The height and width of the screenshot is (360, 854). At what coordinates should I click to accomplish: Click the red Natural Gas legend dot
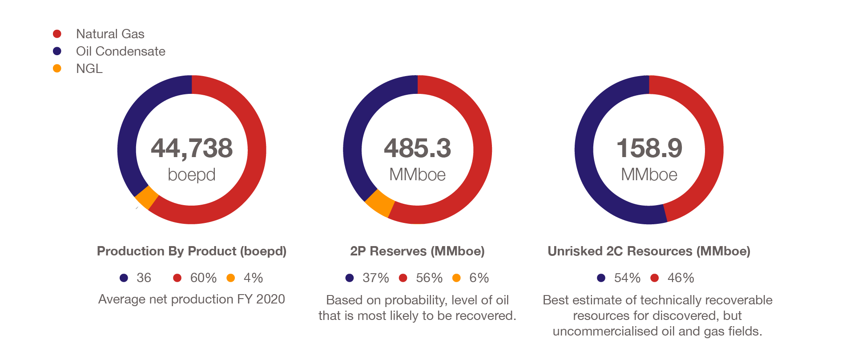pos(57,34)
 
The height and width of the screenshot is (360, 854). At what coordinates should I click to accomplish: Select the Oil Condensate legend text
pos(121,51)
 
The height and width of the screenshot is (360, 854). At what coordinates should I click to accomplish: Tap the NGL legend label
pos(89,69)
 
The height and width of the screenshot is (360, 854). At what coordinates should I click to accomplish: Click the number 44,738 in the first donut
pos(192,148)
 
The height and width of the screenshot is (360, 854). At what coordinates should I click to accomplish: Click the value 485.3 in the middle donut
pos(417,148)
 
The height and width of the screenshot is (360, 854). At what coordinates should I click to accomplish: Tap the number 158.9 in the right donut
pos(649,148)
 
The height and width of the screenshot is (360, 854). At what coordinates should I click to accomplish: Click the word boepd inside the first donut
pos(192,174)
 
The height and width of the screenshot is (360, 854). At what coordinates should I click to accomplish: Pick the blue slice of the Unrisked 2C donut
pos(587,169)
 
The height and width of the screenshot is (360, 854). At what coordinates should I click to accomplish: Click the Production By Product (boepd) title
pos(192,251)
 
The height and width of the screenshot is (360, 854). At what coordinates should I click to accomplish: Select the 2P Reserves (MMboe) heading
pos(417,251)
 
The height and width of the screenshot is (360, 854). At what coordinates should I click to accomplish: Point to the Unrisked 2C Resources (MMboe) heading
pos(649,251)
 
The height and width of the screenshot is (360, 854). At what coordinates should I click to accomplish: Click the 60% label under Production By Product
pos(203,278)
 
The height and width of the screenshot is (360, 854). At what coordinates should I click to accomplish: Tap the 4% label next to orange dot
pos(253,278)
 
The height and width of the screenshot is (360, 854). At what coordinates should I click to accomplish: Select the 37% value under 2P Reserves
pos(375,278)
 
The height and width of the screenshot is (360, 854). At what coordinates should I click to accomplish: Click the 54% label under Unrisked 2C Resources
pos(627,278)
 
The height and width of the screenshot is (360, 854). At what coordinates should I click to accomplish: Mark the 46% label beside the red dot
pos(681,278)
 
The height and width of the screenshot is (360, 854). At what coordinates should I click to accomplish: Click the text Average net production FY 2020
pos(192,299)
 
